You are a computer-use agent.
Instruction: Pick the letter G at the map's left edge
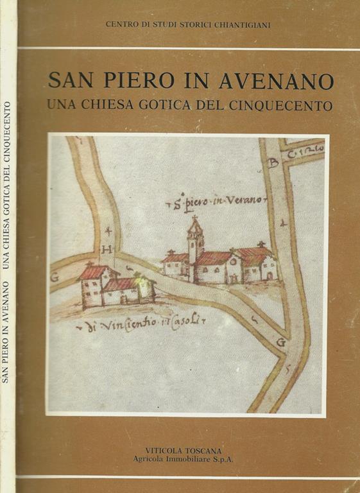54,278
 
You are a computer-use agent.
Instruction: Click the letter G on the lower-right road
280,342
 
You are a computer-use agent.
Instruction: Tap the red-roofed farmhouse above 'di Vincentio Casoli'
116,286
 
